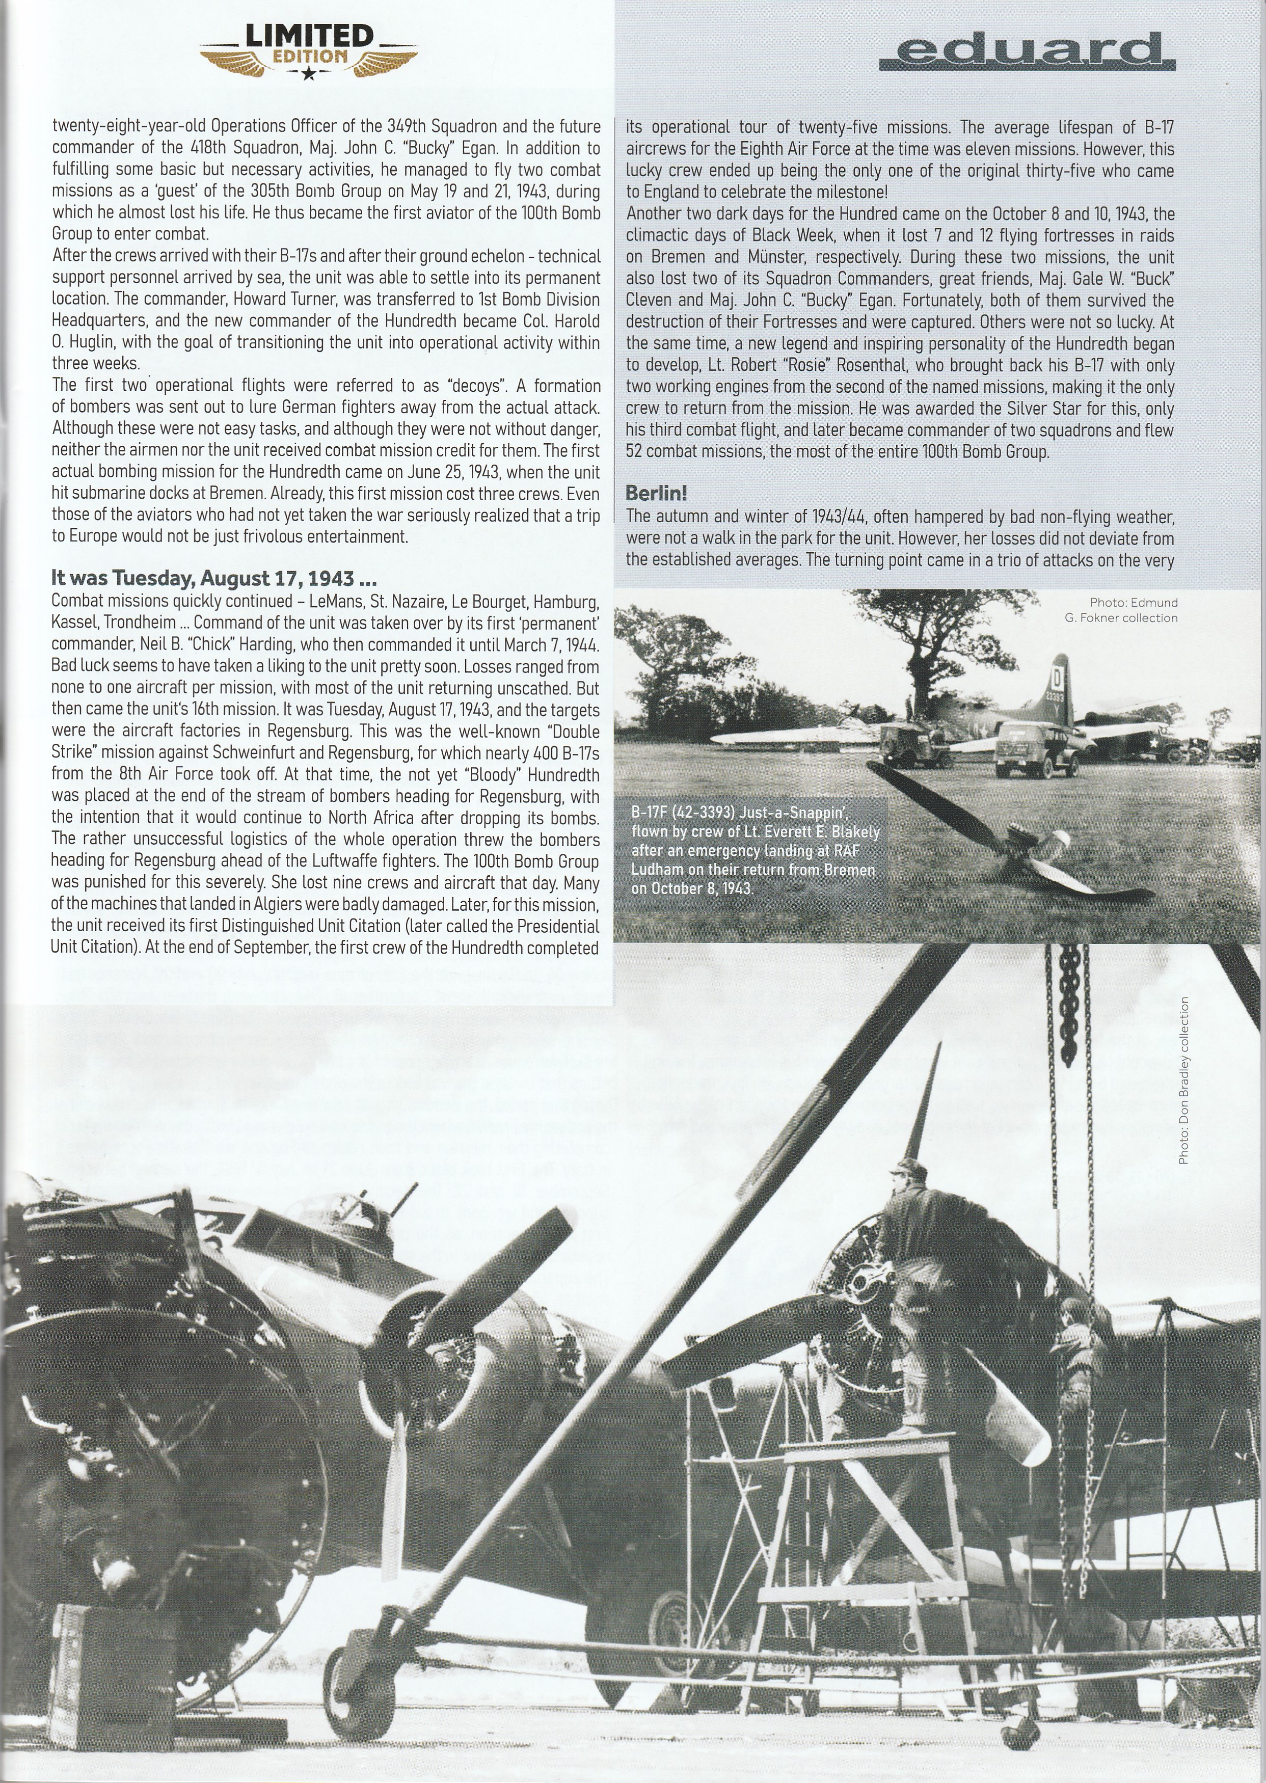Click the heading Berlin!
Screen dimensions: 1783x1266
point(656,493)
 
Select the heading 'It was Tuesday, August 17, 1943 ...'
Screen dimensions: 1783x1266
point(214,578)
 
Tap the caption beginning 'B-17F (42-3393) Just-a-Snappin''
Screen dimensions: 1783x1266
point(755,850)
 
